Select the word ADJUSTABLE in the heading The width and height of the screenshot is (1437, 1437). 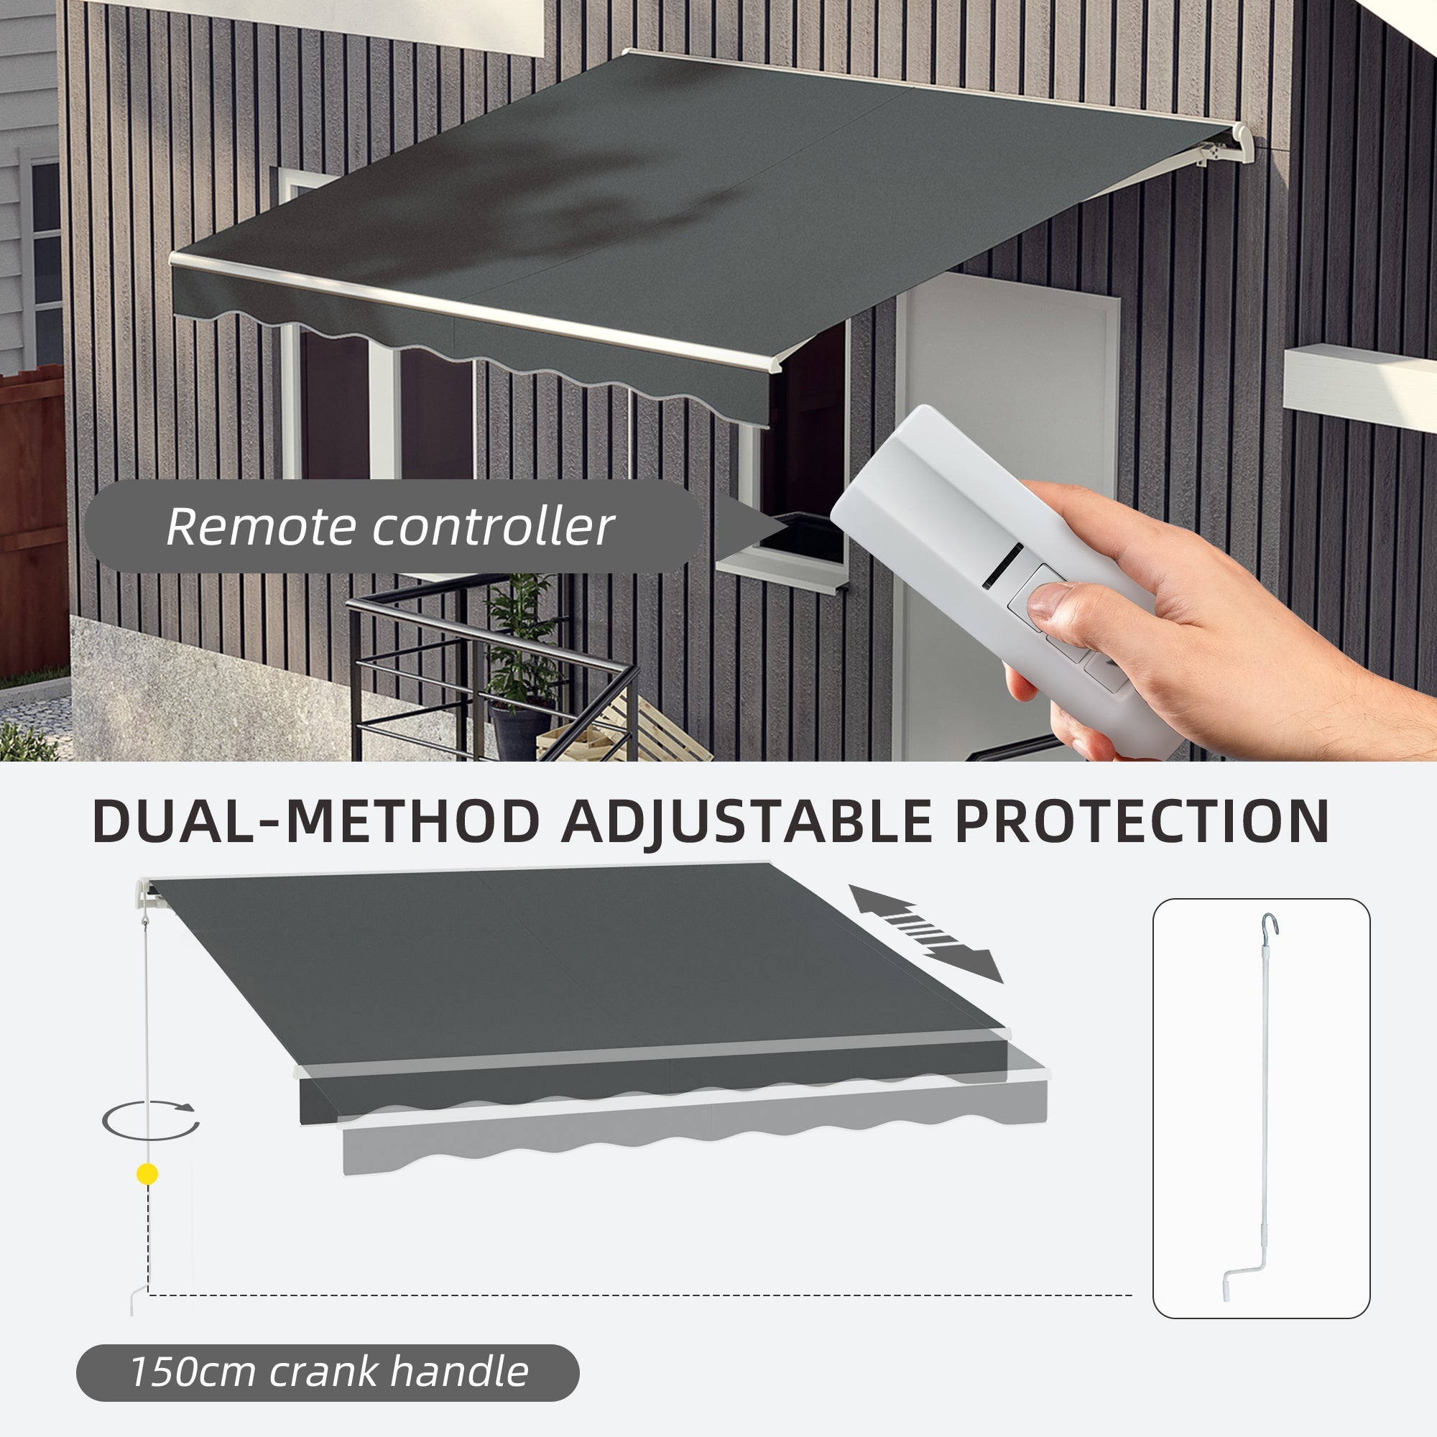click(746, 822)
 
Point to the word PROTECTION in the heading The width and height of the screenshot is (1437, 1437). click(1142, 822)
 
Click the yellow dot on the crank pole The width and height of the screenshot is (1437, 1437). click(148, 1175)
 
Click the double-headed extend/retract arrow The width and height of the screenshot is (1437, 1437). click(926, 933)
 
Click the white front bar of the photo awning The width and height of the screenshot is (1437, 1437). click(476, 311)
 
